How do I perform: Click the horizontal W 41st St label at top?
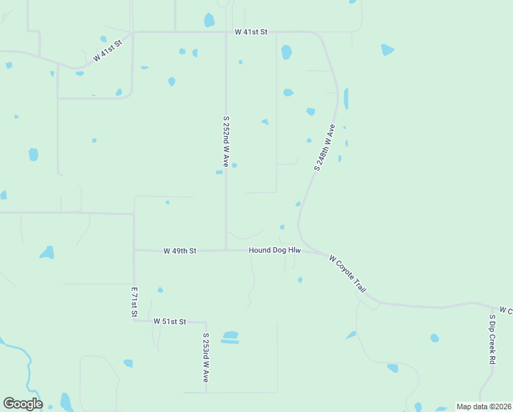tap(250, 32)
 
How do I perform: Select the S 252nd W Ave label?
tap(226, 141)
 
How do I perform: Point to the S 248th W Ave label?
tap(324, 148)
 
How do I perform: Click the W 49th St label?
tap(180, 251)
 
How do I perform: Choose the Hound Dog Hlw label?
tap(275, 251)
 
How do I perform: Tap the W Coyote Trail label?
tap(348, 274)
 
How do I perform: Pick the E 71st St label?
tap(134, 303)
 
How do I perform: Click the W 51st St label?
tap(169, 321)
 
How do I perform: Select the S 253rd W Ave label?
tap(205, 358)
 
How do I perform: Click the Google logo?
tap(23, 404)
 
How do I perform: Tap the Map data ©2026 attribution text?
tap(484, 407)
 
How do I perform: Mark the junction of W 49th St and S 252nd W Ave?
tap(226, 251)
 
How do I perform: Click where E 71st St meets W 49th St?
tap(134, 251)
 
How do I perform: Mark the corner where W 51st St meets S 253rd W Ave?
tap(206, 322)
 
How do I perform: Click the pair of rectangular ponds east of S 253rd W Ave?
tap(230, 337)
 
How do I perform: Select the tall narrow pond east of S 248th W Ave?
tap(346, 99)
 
